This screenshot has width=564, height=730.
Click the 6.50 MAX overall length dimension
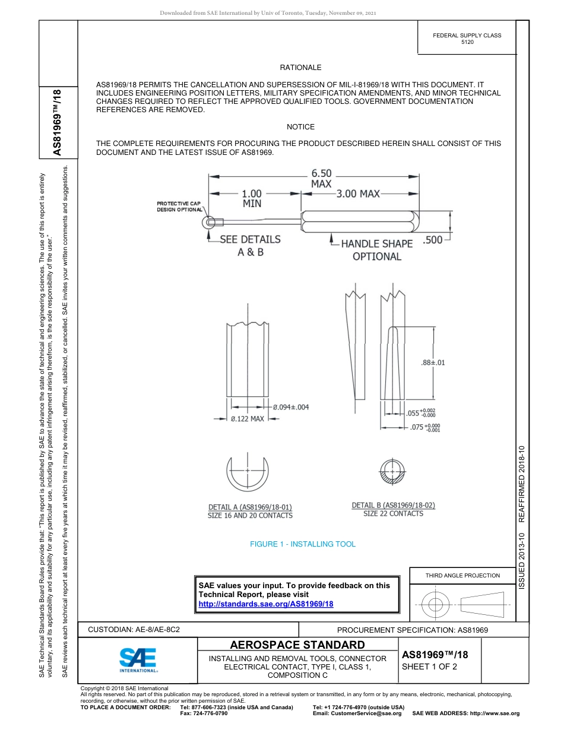point(321,178)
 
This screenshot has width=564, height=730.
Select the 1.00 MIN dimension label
point(252,198)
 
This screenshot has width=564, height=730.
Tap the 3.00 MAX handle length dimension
point(357,193)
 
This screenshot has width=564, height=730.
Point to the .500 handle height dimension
point(433,240)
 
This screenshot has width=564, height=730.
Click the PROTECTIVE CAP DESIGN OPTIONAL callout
point(179,207)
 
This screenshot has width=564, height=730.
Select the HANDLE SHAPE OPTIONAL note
point(377,250)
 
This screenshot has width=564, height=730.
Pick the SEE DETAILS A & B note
point(250,245)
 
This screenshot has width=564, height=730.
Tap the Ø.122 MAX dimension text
point(248,419)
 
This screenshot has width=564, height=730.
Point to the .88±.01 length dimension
point(433,363)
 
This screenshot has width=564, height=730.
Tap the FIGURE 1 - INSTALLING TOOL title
point(303,544)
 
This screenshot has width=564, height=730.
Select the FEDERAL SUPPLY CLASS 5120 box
point(467,39)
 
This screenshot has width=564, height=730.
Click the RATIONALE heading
point(300,68)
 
